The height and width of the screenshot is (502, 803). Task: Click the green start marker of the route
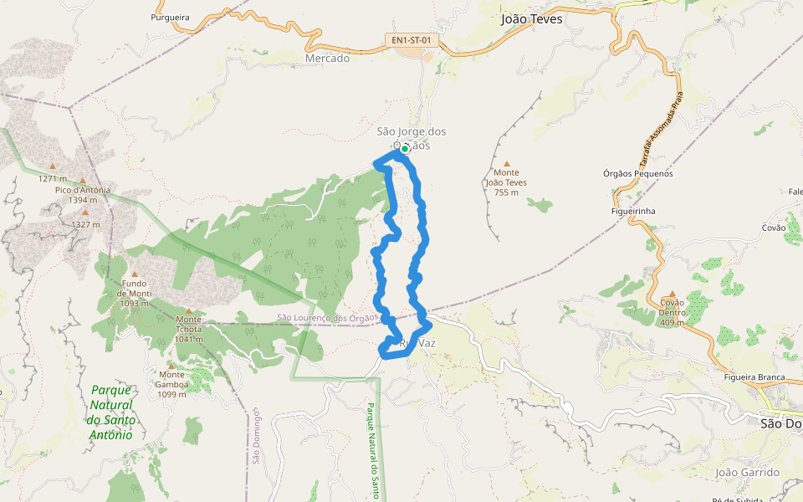click(404, 150)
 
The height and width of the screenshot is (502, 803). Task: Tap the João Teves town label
click(531, 18)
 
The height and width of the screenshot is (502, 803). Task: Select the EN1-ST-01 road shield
click(412, 39)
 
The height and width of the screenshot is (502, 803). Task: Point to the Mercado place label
click(328, 59)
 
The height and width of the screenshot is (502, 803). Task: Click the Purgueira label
click(171, 17)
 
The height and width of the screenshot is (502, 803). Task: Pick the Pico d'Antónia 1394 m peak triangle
click(83, 181)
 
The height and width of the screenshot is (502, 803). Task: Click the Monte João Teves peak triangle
click(506, 164)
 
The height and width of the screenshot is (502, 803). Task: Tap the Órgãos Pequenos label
click(637, 174)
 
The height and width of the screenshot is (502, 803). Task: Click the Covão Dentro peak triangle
click(672, 294)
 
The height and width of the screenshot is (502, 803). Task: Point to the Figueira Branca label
click(754, 377)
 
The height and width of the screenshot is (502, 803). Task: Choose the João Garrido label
click(747, 473)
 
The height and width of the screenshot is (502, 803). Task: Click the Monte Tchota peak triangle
click(188, 310)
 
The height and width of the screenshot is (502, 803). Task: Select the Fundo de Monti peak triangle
click(134, 274)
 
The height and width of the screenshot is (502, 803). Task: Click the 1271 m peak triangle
click(52, 166)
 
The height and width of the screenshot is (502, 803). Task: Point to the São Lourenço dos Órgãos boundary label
click(328, 318)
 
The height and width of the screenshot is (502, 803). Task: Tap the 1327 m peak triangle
click(84, 213)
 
